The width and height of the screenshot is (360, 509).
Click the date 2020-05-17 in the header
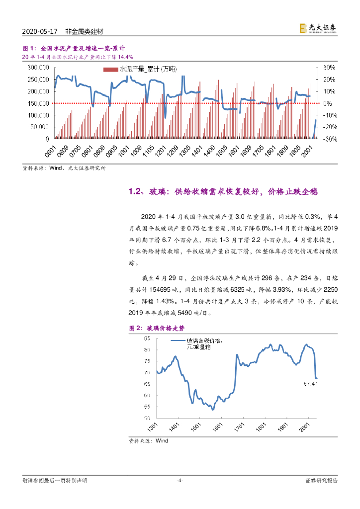(41, 31)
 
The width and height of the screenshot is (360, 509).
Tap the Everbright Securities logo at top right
(318, 29)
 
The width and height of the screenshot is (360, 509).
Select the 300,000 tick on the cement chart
(37, 67)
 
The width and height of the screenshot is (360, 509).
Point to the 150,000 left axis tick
(37, 103)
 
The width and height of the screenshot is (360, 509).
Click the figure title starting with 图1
(70, 49)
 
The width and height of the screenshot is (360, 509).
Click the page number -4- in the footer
(180, 480)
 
